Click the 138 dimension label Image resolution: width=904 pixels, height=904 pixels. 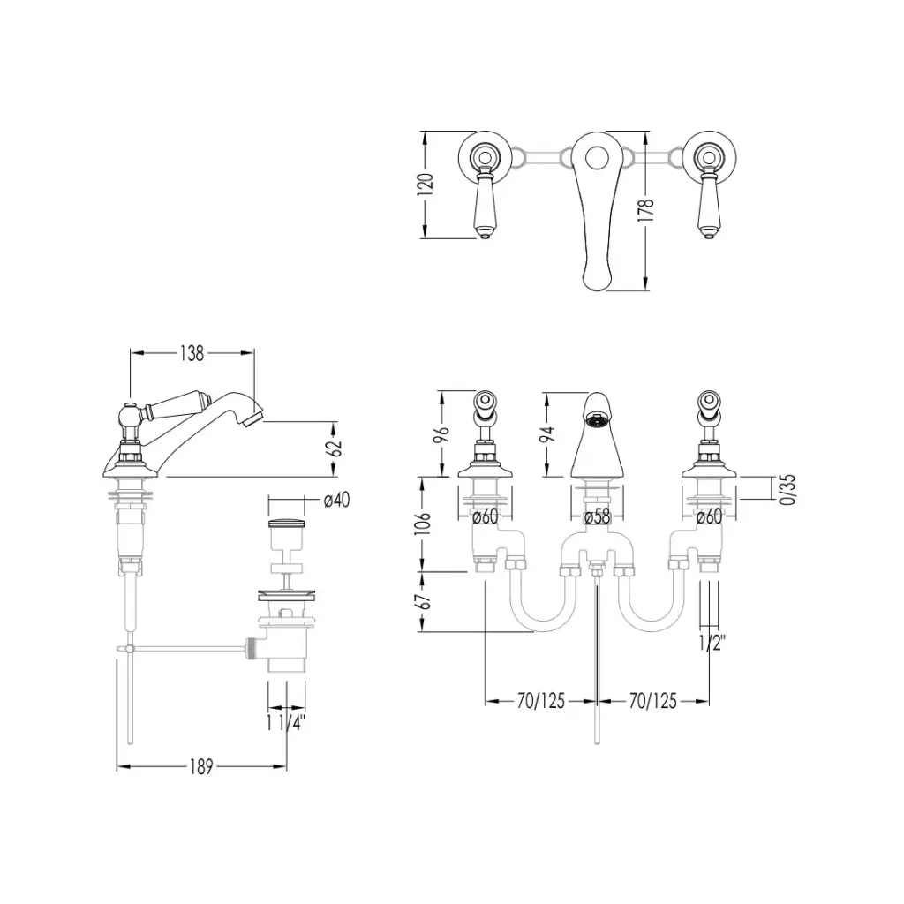point(192,353)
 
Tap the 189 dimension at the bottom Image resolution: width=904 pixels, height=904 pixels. point(201,767)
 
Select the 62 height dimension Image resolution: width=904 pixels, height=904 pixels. point(336,448)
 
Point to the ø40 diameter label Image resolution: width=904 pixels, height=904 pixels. point(336,500)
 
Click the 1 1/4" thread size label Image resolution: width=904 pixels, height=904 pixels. point(285,723)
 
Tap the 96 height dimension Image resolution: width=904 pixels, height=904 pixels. point(441,433)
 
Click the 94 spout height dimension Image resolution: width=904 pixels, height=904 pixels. point(547,433)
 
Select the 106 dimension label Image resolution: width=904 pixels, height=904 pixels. point(424,524)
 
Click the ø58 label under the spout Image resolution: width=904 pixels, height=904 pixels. point(597,516)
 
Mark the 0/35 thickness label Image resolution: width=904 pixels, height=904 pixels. point(787,490)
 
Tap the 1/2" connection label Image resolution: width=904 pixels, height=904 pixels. point(712,643)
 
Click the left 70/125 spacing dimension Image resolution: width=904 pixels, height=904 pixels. point(541,701)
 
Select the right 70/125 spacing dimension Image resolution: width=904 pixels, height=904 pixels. point(652,701)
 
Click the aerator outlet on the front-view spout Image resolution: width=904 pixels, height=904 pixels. point(597,420)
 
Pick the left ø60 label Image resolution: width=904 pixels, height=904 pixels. point(485,516)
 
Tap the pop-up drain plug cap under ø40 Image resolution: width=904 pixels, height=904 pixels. point(287,524)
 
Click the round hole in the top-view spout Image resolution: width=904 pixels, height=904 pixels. point(597,156)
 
